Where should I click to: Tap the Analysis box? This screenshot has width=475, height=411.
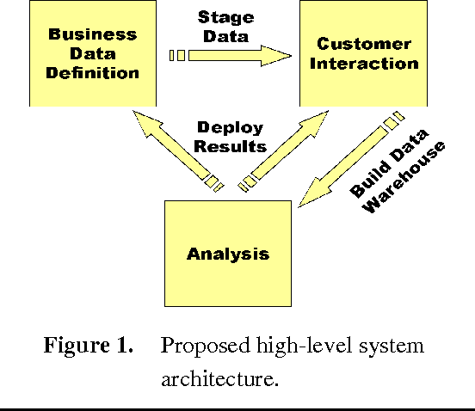(228, 253)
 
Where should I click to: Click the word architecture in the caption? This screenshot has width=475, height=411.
(219, 378)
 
